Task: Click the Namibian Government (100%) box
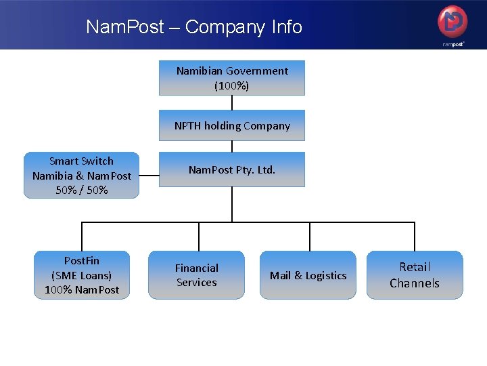point(232,78)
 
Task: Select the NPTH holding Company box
point(232,125)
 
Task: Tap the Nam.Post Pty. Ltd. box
point(232,169)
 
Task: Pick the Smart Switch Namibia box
point(81,175)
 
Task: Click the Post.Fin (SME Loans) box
point(82,274)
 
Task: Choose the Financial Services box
point(197,274)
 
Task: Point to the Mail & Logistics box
point(308,274)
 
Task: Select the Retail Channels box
point(415,274)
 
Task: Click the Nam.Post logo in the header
point(453,24)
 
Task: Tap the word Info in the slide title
point(287,27)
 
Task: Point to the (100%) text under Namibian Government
point(232,86)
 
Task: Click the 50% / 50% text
point(82,190)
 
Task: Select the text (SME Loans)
point(82,275)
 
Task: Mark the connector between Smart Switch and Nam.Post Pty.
point(149,176)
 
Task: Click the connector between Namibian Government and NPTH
point(232,102)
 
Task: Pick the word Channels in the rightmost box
point(415,283)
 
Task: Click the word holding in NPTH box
point(227,125)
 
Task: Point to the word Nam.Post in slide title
point(125,27)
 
